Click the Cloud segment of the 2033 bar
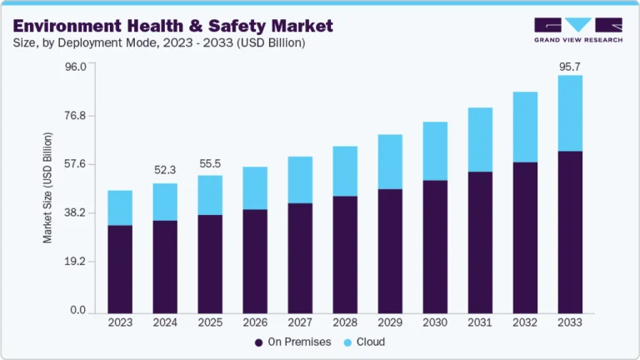(570, 113)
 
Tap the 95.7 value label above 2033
(570, 65)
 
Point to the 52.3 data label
(165, 170)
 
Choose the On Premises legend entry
(292, 342)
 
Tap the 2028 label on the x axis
(345, 322)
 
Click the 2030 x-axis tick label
(435, 322)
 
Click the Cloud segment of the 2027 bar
(300, 179)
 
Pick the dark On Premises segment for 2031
(480, 242)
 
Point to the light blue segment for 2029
(390, 162)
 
